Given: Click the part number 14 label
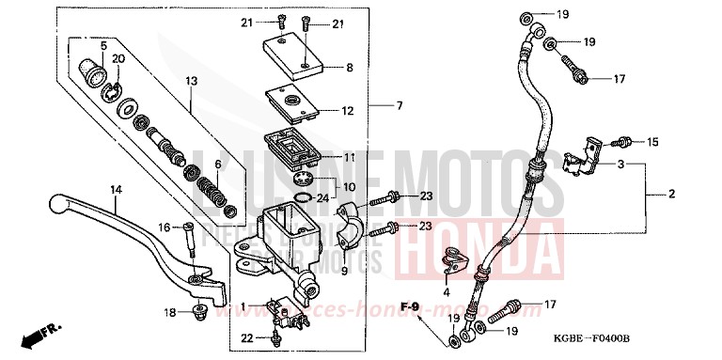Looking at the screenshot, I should coord(115,189).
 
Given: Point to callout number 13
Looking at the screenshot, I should coord(191,83).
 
